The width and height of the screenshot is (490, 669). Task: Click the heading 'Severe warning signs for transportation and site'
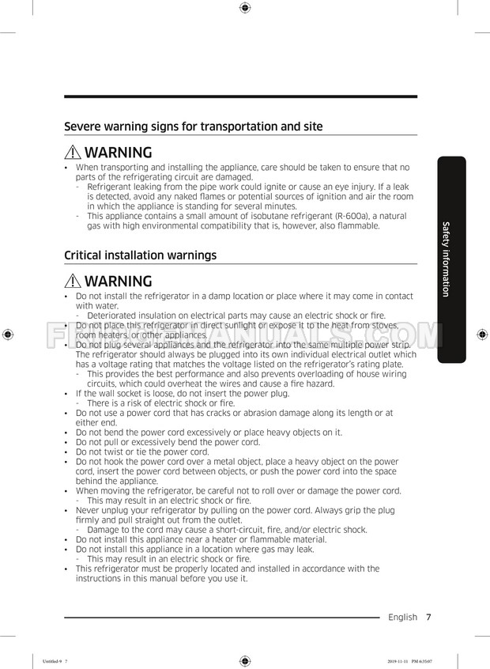pos(193,127)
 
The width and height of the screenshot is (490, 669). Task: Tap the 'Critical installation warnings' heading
pos(140,255)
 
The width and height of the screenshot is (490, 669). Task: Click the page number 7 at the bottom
pos(428,617)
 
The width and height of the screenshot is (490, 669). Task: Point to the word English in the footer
pos(402,617)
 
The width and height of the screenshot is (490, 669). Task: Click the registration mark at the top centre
pos(244,8)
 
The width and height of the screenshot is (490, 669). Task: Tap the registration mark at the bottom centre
pos(244,660)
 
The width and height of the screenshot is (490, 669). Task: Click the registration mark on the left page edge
pos(7,334)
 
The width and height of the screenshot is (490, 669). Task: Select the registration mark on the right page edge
pos(482,334)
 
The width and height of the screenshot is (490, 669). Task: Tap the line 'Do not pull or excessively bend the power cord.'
pos(168,442)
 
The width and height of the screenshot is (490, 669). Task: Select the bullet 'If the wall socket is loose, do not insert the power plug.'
pos(183,393)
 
